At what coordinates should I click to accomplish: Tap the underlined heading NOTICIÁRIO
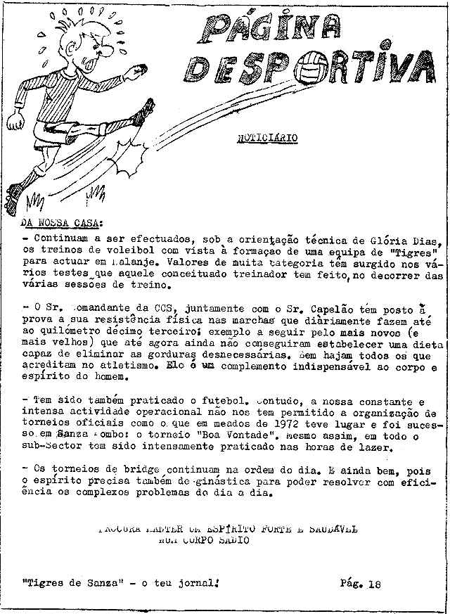(x=266, y=139)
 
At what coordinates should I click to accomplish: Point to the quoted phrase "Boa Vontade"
(x=223, y=437)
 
